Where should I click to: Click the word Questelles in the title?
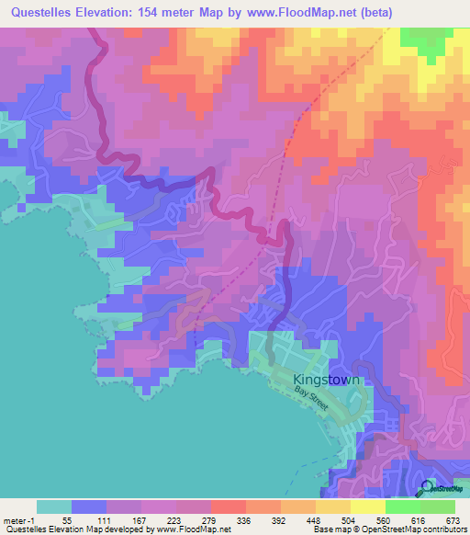pyautogui.click(x=39, y=12)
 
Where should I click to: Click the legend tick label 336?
pyautogui.click(x=218, y=519)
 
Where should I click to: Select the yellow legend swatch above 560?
pyautogui.click(x=367, y=507)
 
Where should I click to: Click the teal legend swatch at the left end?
pyautogui.click(x=53, y=507)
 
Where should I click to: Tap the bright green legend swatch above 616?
pyautogui.click(x=402, y=507)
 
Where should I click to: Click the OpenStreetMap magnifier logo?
pyautogui.click(x=428, y=489)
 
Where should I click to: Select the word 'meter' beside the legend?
pyautogui.click(x=16, y=519)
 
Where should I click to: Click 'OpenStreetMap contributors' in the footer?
pyautogui.click(x=421, y=529)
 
